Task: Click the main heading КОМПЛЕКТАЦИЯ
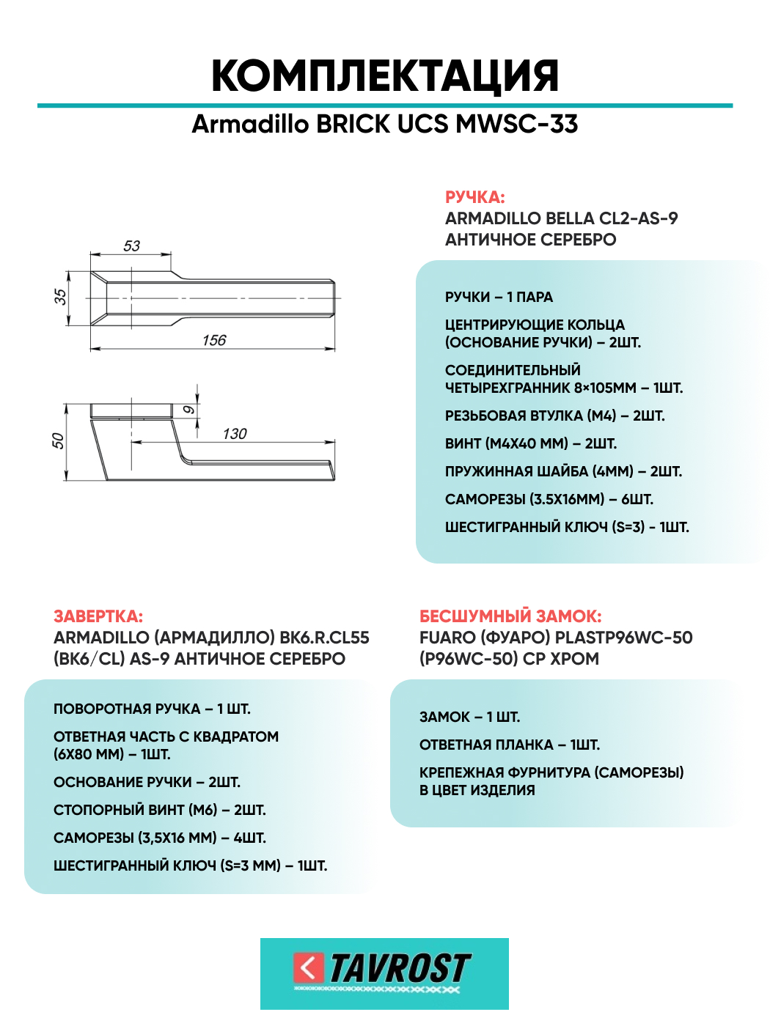[x=385, y=75]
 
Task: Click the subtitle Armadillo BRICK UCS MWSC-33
[x=385, y=124]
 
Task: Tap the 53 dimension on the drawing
[x=132, y=246]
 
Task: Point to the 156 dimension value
[x=214, y=341]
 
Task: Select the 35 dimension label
[x=60, y=297]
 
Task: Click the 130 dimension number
[x=235, y=434]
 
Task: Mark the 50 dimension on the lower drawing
[x=58, y=441]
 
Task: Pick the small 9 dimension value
[x=188, y=410]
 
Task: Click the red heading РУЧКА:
[x=474, y=197]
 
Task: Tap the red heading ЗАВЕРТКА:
[x=98, y=616]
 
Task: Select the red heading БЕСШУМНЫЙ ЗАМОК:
[x=510, y=616]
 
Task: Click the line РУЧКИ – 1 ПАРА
[x=499, y=297]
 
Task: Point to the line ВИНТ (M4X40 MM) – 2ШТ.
[x=531, y=443]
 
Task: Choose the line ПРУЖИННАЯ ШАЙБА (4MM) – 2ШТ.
[x=563, y=471]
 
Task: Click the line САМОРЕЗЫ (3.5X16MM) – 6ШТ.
[x=549, y=499]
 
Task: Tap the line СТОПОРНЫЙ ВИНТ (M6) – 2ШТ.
[x=160, y=810]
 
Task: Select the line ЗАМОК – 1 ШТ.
[x=469, y=717]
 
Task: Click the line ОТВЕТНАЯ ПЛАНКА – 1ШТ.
[x=510, y=745]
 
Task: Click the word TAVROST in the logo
[x=400, y=969]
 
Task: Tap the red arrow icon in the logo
[x=309, y=968]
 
